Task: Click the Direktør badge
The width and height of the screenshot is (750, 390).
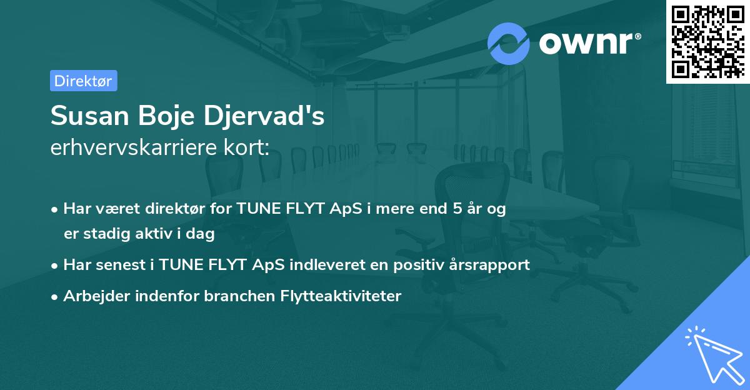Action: [83, 81]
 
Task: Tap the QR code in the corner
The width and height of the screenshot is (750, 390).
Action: [707, 41]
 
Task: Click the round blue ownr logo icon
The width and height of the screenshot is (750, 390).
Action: [509, 43]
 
